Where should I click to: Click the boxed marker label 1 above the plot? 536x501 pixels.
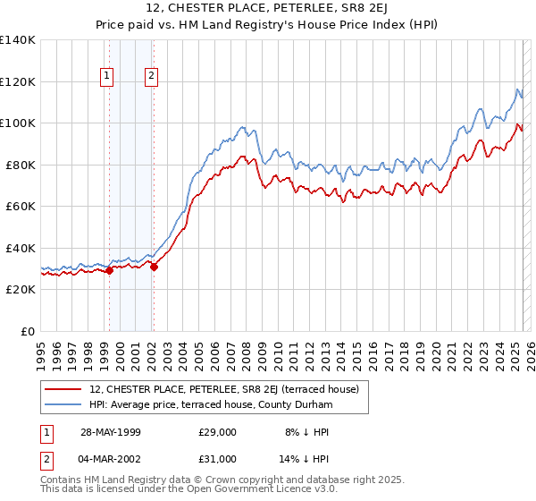coord(107,77)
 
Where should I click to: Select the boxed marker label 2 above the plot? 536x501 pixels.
coord(152,77)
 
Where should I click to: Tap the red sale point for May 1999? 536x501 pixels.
coord(109,271)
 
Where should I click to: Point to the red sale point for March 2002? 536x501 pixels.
coord(154,267)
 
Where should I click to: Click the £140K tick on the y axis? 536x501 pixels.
coord(18,40)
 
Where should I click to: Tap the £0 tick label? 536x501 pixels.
coord(28,331)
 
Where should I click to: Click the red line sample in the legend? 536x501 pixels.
coord(64,389)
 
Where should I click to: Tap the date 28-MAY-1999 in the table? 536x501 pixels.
coord(111,431)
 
